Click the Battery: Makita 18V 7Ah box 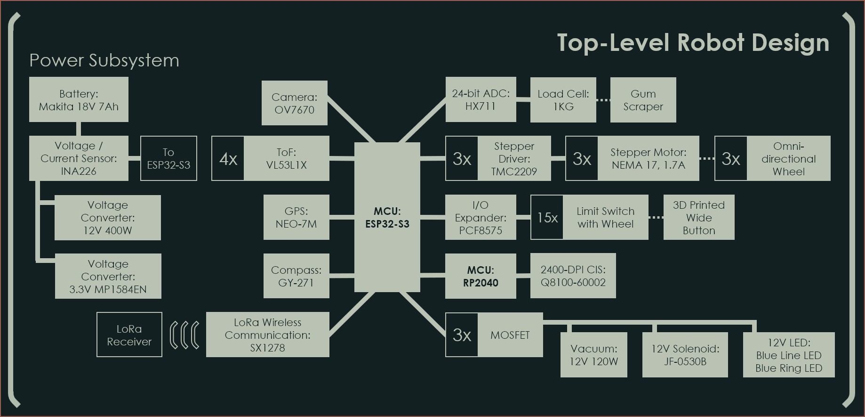point(79,100)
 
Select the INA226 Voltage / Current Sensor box point(79,158)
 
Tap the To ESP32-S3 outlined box point(168,158)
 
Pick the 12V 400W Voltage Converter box point(108,218)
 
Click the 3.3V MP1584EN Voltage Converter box point(108,276)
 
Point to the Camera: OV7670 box point(294,103)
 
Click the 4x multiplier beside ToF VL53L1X point(228,159)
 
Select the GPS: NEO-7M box point(296,217)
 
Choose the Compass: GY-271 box point(296,276)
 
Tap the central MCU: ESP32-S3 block point(387,217)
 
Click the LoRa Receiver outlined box point(129,335)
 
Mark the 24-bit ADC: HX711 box point(481,99)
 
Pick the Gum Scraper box point(643,100)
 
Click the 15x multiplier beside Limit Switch point(547,218)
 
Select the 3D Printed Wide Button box point(699,217)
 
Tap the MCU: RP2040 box point(481,276)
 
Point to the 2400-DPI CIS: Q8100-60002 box point(573,276)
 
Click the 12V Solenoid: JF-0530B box point(685,355)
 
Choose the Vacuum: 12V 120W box point(593,355)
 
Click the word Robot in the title point(711,43)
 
